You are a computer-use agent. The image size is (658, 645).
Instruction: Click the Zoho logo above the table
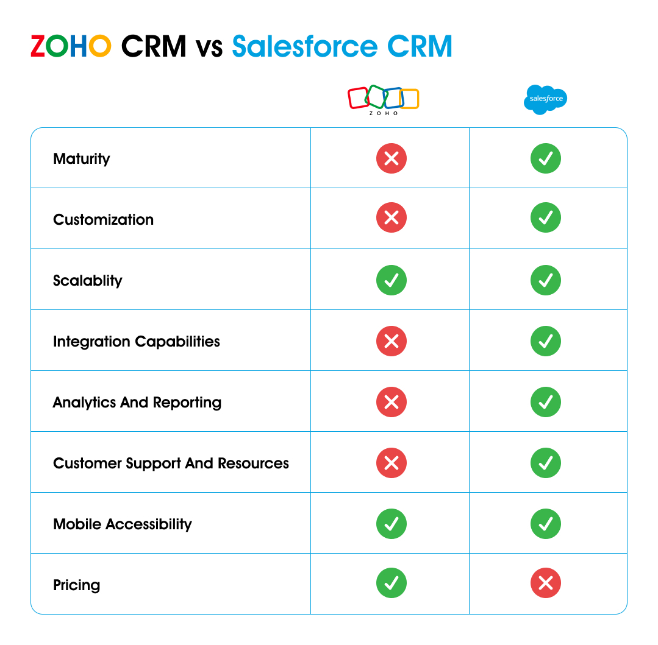(x=383, y=99)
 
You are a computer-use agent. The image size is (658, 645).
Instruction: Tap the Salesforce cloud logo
(x=545, y=99)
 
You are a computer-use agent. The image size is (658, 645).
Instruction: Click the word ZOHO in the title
(x=71, y=46)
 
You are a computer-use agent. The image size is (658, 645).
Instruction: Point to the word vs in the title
(x=209, y=48)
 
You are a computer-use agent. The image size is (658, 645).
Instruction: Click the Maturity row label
(x=82, y=159)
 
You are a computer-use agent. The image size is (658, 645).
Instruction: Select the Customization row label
(x=103, y=220)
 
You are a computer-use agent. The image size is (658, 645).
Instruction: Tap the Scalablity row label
(x=88, y=281)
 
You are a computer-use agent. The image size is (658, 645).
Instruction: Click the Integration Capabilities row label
(x=137, y=342)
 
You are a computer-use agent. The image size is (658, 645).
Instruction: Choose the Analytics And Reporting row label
(x=137, y=403)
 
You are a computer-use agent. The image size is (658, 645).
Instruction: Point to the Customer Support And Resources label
(x=171, y=463)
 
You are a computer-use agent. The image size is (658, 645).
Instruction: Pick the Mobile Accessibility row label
(x=123, y=524)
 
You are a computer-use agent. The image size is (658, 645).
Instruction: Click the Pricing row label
(x=77, y=585)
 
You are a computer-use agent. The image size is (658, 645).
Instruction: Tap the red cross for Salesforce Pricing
(x=546, y=583)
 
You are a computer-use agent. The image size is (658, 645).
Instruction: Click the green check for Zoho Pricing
(x=392, y=583)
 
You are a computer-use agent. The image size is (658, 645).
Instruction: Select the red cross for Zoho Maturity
(x=392, y=158)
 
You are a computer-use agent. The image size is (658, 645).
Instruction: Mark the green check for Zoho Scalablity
(x=392, y=280)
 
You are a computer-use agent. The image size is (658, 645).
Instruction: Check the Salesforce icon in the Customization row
(x=546, y=218)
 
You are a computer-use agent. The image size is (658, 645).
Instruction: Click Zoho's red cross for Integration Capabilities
(x=392, y=341)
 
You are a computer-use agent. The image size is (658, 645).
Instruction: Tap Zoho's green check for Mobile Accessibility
(x=392, y=524)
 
